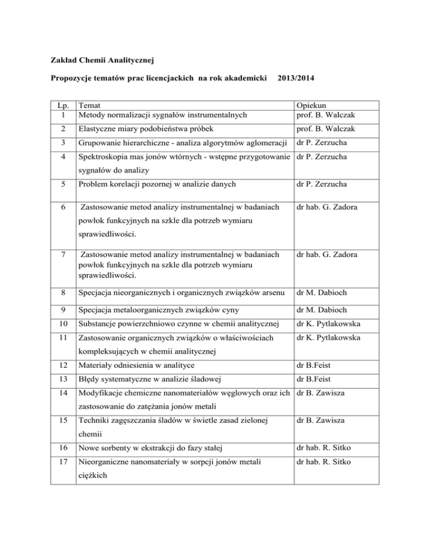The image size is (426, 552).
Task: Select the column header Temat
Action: coord(90,105)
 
